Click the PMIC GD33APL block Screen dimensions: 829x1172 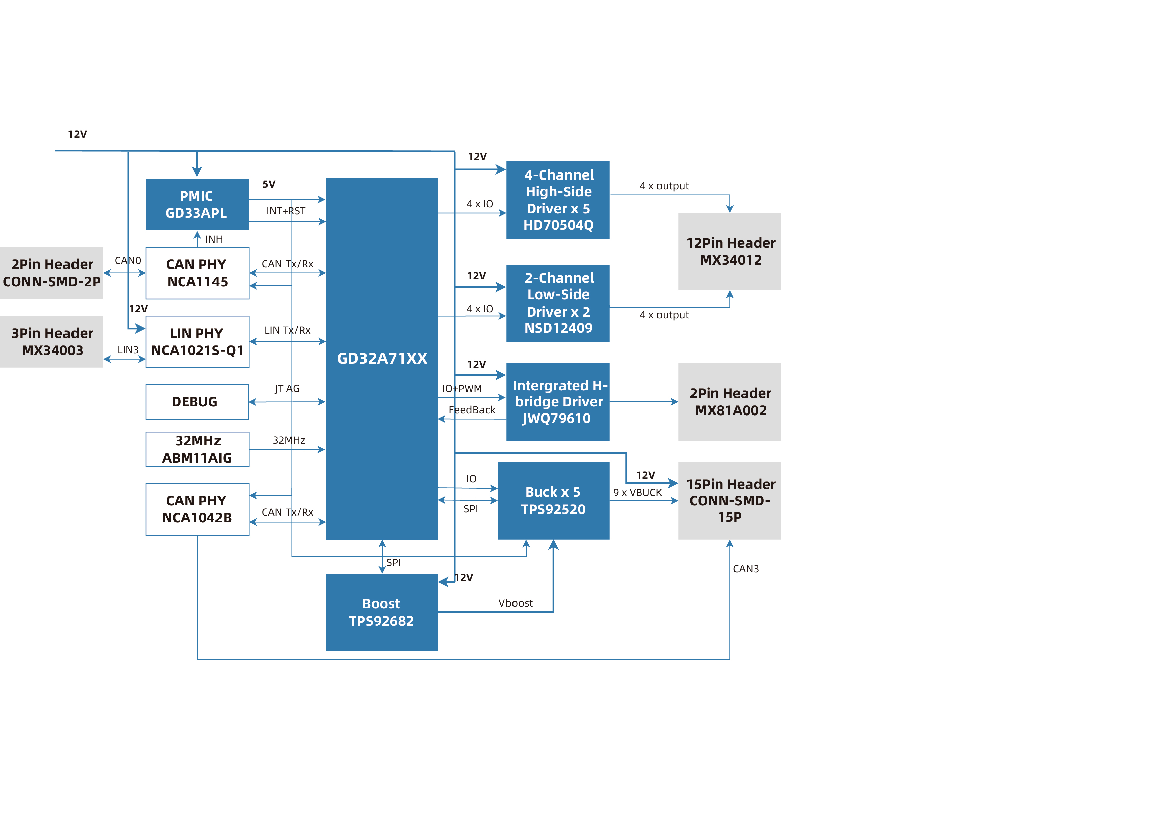coord(197,204)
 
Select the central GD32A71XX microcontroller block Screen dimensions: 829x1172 coord(382,359)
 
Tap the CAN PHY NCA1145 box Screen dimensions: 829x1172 coord(197,273)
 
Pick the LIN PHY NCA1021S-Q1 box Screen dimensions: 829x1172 coord(197,342)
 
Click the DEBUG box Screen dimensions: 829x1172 coord(197,402)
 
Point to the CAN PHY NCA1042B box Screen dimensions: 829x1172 coord(197,509)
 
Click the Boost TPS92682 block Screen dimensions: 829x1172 coord(382,612)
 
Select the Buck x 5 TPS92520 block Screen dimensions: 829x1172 coord(553,500)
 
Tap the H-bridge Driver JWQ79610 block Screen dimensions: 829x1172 coord(558,402)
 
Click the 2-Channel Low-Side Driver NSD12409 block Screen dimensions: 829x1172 coord(558,304)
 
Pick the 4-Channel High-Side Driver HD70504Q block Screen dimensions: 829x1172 coord(558,200)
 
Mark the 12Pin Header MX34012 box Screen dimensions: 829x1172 coord(729,252)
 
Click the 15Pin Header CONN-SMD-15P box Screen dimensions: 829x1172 coord(729,500)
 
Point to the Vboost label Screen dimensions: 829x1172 coord(515,603)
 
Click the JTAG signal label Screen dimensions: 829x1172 coord(287,389)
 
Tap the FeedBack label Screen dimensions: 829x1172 coord(472,410)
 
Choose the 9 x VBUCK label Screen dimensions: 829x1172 coord(637,492)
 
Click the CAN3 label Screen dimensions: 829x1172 coord(746,569)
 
